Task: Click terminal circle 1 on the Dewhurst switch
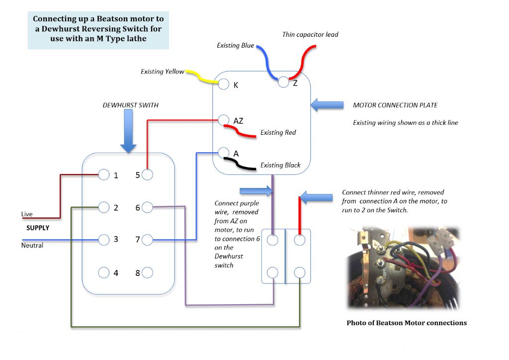click(x=103, y=175)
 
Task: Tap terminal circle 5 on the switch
click(x=147, y=175)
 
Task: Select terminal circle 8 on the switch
click(x=147, y=272)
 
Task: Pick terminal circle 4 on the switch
click(x=103, y=272)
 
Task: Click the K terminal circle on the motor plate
click(x=223, y=84)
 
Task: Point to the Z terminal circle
click(x=283, y=82)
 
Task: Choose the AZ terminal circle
click(x=223, y=120)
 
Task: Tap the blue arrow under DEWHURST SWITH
click(x=128, y=131)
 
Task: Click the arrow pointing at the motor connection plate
click(x=327, y=105)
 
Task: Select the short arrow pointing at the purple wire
click(x=256, y=190)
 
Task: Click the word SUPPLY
click(x=38, y=228)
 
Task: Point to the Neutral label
click(x=32, y=246)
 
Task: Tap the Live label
click(x=27, y=214)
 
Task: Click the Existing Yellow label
click(x=163, y=72)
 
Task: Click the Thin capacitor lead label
click(x=310, y=34)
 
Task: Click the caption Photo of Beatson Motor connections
click(x=407, y=323)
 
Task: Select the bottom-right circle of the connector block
click(x=300, y=272)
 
